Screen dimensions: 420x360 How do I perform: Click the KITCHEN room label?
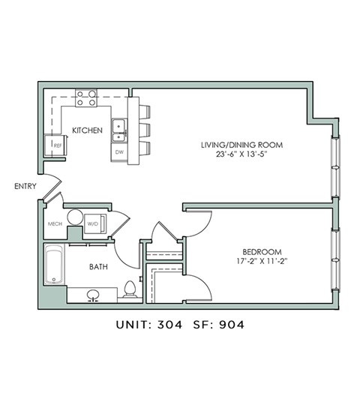click(x=87, y=130)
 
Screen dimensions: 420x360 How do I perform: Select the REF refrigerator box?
click(x=56, y=145)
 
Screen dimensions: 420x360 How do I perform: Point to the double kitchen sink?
click(x=118, y=130)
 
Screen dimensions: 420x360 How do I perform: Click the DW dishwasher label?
click(x=118, y=151)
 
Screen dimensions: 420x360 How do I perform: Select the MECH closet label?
click(x=55, y=223)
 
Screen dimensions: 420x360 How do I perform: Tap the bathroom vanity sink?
click(x=94, y=295)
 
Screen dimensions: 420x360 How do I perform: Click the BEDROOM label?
click(x=261, y=251)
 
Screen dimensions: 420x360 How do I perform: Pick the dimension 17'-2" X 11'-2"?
click(x=261, y=262)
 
